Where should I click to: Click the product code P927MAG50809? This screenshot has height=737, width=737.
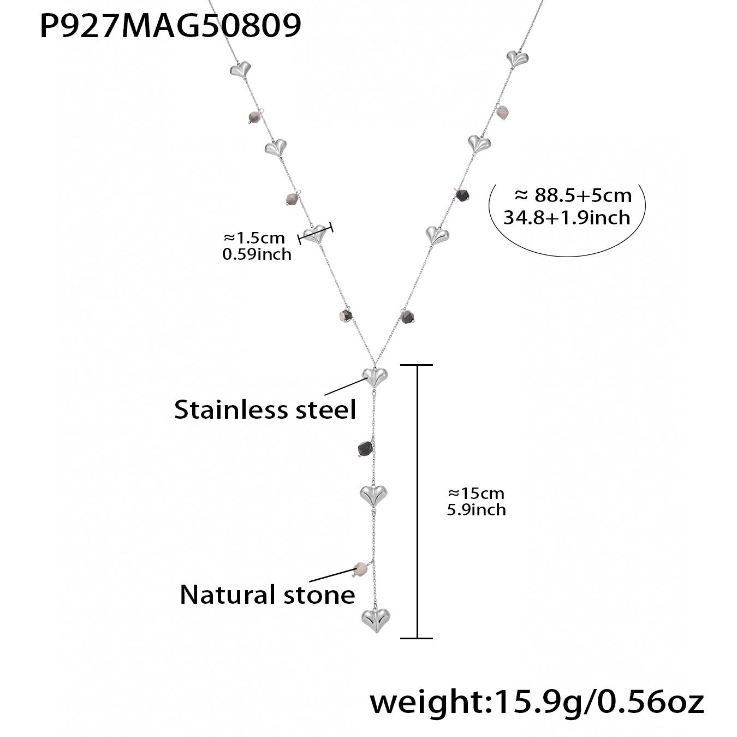170,26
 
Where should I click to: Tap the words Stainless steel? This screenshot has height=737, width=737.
265,409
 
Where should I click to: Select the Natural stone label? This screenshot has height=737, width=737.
267,595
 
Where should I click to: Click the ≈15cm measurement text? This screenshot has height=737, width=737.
476,494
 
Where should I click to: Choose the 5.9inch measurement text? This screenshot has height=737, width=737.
476,510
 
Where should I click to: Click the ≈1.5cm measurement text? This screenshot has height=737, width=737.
254,238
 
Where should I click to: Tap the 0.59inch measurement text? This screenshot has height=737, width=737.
257,254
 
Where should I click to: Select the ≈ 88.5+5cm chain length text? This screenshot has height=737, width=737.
573,195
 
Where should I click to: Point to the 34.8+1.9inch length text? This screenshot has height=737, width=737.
567,218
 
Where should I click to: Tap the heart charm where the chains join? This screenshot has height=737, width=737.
375,376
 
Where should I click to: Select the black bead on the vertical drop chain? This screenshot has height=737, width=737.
364,449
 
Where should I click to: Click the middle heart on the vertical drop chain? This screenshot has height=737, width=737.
373,495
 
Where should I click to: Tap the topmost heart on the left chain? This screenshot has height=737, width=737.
239,69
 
